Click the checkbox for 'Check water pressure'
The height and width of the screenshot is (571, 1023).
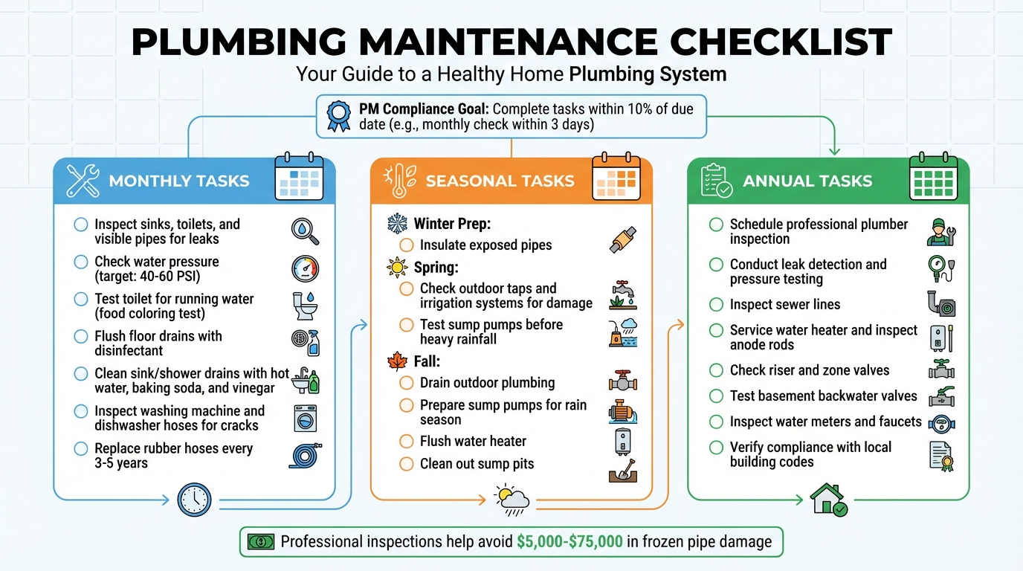(x=81, y=262)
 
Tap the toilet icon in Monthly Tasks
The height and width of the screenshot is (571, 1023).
(x=304, y=305)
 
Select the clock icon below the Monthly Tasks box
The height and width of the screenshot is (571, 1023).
(x=194, y=500)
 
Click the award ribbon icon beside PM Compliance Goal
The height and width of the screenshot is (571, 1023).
(x=338, y=116)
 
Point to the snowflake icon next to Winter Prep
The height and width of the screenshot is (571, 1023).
(x=397, y=224)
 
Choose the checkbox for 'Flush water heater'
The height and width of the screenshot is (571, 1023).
(x=406, y=442)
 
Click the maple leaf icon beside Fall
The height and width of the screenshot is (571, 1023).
(x=397, y=361)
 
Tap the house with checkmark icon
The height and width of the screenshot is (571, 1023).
(x=828, y=500)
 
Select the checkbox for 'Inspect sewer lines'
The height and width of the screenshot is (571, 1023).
(x=716, y=305)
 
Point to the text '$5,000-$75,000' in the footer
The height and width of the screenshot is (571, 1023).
(x=569, y=542)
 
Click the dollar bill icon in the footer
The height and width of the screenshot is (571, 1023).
(x=261, y=542)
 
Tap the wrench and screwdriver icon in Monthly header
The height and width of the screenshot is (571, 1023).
(x=83, y=181)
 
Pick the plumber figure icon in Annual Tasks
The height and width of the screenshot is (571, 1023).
(x=940, y=231)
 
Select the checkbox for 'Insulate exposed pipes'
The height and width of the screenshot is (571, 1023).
(x=406, y=245)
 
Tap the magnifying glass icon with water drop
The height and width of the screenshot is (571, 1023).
(x=305, y=231)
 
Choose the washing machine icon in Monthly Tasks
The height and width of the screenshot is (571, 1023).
(x=304, y=418)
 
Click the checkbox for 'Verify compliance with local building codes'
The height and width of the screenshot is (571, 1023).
(x=716, y=448)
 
